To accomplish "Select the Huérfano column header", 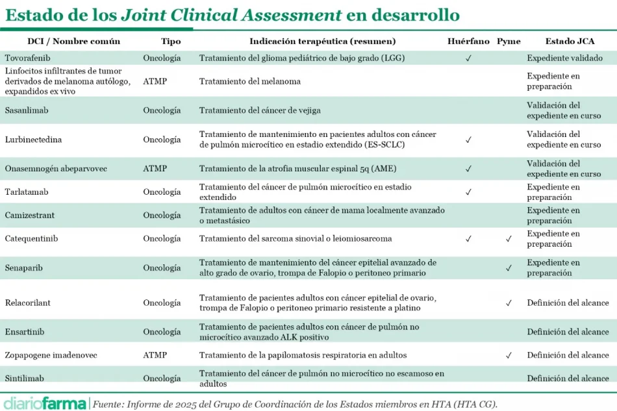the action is [x=468, y=41].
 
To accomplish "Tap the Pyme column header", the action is [x=509, y=41].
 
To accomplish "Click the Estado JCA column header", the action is [x=570, y=41].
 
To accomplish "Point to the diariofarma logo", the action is [x=45, y=403].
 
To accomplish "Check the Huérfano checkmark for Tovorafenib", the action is [x=468, y=58].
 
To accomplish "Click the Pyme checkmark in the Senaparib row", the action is [x=509, y=268].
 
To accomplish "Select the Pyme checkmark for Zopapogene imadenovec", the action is [x=509, y=355].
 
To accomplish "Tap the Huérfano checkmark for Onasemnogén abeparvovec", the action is [x=468, y=169].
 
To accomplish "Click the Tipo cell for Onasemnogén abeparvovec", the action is [x=155, y=169].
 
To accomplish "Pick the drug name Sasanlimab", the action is [x=27, y=110].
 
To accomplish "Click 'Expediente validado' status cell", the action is [x=564, y=58].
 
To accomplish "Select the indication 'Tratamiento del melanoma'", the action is [x=250, y=81].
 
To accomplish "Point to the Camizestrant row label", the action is [x=30, y=216].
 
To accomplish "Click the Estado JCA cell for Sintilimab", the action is [x=568, y=379].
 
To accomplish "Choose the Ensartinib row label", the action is [x=25, y=332].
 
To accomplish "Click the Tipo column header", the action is [x=171, y=41].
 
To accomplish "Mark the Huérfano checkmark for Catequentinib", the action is [x=468, y=239].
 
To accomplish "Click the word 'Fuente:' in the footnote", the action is [x=109, y=404].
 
